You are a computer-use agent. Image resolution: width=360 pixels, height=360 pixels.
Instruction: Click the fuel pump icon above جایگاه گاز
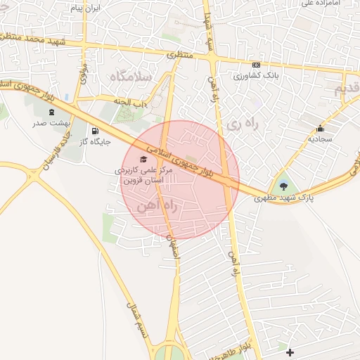(x=94, y=131)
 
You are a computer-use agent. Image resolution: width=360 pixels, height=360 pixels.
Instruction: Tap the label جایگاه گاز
(x=95, y=143)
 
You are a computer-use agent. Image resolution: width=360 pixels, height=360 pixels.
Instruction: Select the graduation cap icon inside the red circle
(x=145, y=159)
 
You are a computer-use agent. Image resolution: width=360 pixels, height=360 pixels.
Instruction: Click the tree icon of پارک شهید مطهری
(x=283, y=186)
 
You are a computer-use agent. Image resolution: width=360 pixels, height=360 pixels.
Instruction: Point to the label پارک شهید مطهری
(x=283, y=199)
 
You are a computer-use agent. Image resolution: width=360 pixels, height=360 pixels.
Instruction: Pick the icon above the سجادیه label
(x=321, y=128)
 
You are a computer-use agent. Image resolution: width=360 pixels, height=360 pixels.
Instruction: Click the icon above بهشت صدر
(x=51, y=112)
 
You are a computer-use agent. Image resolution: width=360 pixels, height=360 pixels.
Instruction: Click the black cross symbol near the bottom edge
(x=290, y=352)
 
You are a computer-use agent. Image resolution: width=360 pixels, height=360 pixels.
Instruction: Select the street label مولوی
(x=83, y=74)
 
